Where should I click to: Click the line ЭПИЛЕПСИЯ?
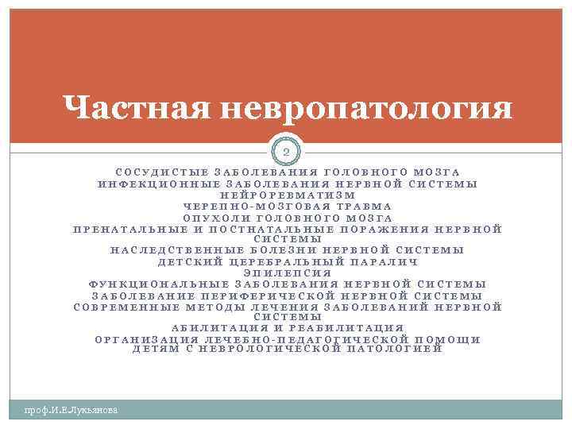pyautogui.click(x=287, y=272)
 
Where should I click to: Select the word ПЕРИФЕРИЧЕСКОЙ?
pyautogui.click(x=299, y=296)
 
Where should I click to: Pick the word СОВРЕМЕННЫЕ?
pyautogui.click(x=125, y=307)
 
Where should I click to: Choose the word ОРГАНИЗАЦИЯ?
pyautogui.click(x=143, y=339)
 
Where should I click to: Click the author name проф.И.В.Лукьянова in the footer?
pyautogui.click(x=71, y=410)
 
